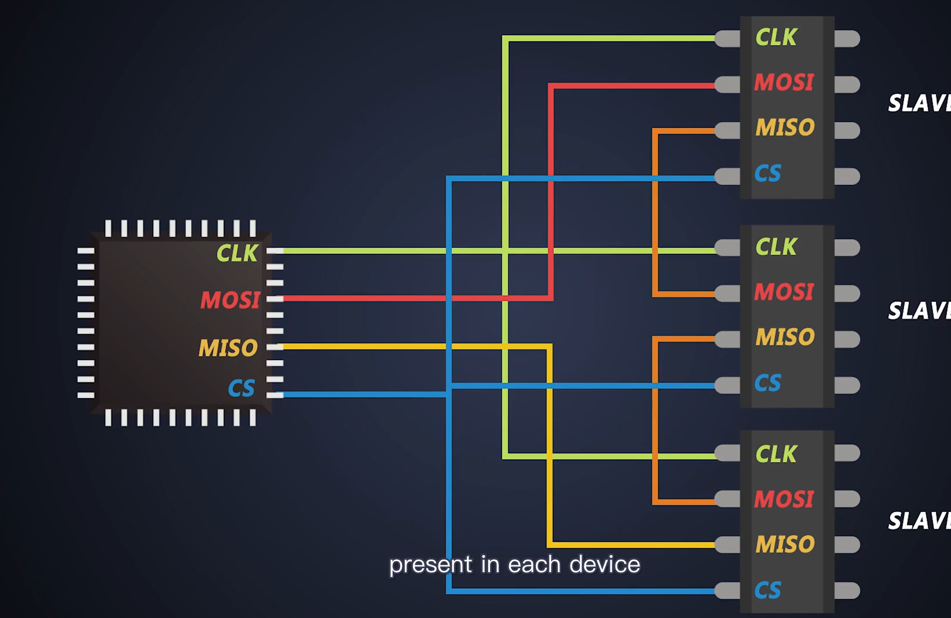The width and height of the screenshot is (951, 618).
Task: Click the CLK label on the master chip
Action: click(237, 253)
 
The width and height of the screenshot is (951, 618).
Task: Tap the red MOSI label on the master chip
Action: click(230, 300)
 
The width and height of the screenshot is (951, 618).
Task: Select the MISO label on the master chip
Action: click(228, 348)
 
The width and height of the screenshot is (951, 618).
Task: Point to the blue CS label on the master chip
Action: click(241, 388)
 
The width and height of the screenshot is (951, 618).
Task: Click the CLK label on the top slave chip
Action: click(776, 38)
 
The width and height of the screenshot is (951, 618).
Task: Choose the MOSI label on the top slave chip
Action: click(784, 83)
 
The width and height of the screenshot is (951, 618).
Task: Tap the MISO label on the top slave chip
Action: click(785, 127)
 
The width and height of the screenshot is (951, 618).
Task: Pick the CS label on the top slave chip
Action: click(767, 173)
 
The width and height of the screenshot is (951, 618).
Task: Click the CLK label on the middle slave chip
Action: click(776, 247)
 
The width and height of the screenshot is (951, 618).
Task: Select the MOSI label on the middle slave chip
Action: click(784, 292)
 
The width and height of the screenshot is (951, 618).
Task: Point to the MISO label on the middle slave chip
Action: click(785, 337)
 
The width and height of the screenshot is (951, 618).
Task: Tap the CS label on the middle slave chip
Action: click(767, 383)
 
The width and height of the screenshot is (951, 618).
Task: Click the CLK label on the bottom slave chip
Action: click(776, 454)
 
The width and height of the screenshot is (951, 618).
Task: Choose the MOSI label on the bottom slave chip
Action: click(784, 499)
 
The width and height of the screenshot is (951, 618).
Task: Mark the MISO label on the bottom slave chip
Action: click(785, 544)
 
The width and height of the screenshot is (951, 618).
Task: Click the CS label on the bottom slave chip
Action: click(767, 590)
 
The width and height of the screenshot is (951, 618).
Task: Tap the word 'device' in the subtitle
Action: click(605, 565)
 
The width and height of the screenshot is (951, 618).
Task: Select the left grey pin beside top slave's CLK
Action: click(727, 39)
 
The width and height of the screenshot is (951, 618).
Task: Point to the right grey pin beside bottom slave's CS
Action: click(847, 591)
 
